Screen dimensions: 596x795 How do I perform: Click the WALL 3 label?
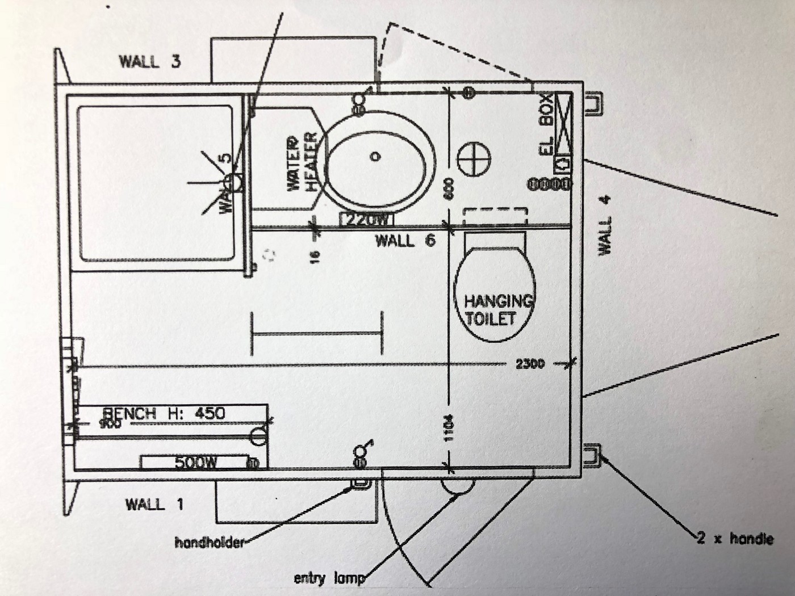[149, 61]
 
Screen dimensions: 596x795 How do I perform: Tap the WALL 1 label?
[154, 503]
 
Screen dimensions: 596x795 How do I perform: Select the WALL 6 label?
[405, 241]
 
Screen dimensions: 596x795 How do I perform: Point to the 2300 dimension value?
[530, 363]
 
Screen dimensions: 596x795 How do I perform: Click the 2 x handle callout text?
[735, 538]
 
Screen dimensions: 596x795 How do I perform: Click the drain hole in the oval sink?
[375, 156]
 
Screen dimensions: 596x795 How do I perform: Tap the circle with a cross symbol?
[473, 160]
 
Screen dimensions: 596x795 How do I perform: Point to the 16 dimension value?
[316, 256]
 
